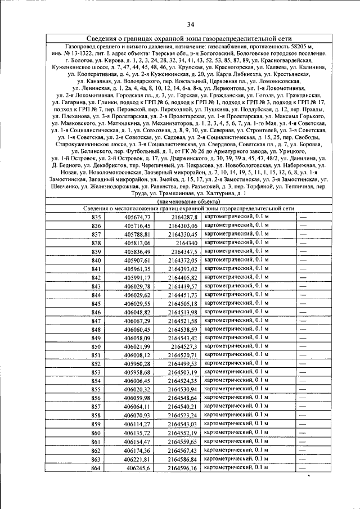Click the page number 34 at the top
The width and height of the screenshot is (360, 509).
click(x=190, y=24)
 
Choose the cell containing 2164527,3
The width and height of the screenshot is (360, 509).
click(x=184, y=347)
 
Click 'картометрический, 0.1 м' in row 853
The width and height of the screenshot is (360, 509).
click(x=236, y=372)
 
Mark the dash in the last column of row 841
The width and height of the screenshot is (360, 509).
click(x=303, y=269)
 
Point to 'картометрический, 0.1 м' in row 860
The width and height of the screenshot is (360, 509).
click(x=236, y=433)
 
